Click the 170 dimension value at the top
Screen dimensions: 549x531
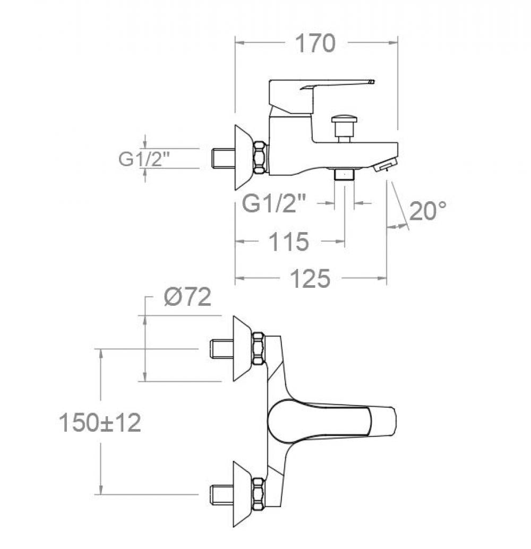pos(315,44)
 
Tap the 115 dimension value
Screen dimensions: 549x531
pos(288,242)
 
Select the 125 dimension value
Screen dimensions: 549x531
pos(311,278)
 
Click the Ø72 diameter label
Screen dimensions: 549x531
pos(187,298)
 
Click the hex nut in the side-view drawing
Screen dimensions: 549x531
pos(260,157)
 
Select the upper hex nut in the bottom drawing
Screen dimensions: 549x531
pos(259,348)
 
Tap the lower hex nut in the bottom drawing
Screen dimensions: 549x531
pos(259,494)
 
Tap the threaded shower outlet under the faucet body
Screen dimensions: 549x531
pos(345,175)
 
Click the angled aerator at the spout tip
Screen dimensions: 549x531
pos(386,167)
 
